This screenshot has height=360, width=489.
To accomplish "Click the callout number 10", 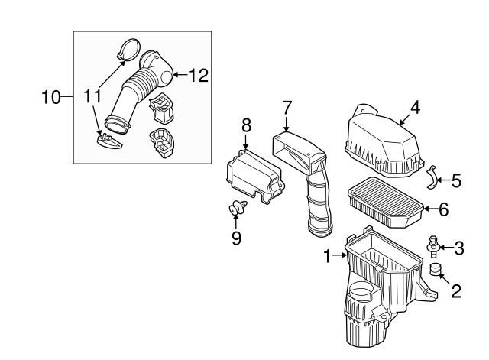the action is click(51, 97).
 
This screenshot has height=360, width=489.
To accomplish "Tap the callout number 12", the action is click(199, 75).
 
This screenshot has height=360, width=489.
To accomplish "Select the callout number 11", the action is click(92, 96).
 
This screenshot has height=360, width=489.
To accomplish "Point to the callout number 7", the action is click(287, 108).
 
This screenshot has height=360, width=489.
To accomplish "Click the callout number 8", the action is click(246, 125).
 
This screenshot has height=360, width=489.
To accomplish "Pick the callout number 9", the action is click(236, 238).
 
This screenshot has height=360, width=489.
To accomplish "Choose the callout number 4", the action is click(415, 108).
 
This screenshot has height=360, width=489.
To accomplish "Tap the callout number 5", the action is click(456, 181).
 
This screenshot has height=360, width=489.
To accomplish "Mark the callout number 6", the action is click(443, 209).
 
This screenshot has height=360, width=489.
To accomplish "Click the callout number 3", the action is click(458, 248).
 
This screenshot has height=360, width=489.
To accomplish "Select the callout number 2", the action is click(456, 291).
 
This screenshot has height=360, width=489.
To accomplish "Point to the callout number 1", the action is click(327, 256).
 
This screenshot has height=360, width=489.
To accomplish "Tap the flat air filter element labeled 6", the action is click(385, 203).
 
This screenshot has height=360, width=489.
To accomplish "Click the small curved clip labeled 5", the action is click(432, 177).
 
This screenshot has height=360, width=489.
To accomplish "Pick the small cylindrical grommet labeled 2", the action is click(435, 269).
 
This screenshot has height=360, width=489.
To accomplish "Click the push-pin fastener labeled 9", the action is click(238, 208).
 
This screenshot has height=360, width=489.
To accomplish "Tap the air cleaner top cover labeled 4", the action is click(384, 142).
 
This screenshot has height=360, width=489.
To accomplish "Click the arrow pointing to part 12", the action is click(180, 75).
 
